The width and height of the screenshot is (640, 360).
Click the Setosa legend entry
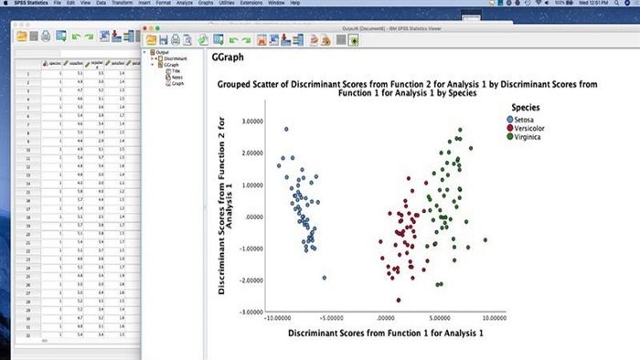pos(527,119)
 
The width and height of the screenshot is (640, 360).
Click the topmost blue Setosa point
pos(286,129)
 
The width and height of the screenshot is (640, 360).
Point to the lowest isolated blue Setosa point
pos(324,278)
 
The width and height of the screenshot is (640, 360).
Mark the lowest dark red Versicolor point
pos(398,299)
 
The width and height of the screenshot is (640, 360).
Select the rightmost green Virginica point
pos(485,240)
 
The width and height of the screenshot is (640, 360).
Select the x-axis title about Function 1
pos(385,334)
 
